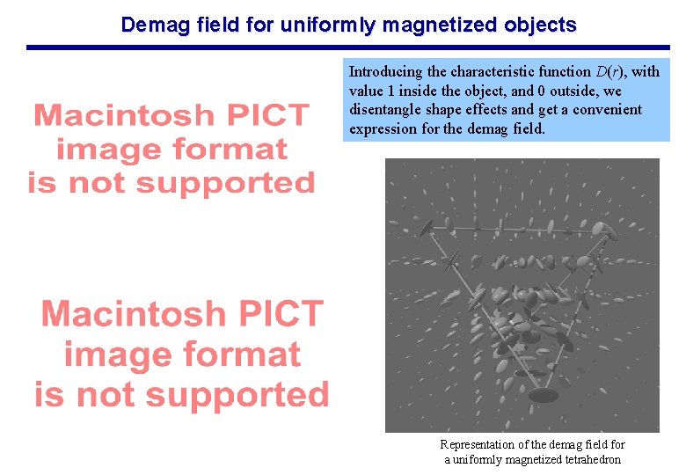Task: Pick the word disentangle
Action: pyautogui.click(x=386, y=110)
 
